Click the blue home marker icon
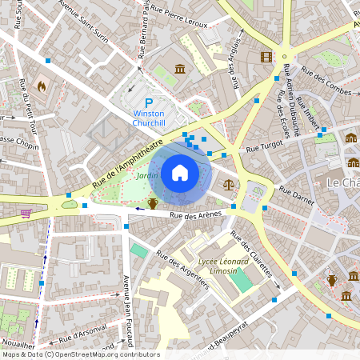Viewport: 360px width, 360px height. point(180,172)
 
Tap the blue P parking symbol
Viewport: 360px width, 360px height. point(149,103)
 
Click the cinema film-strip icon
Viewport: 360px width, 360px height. point(266,57)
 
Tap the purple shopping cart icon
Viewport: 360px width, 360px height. point(26,214)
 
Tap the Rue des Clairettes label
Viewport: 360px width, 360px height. point(251,254)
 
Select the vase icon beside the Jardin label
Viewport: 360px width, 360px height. point(152,203)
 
